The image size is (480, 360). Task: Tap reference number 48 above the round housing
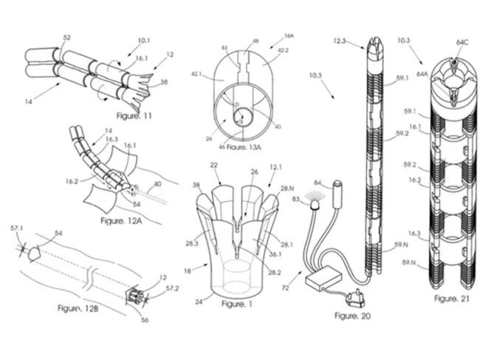pyautogui.click(x=256, y=42)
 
